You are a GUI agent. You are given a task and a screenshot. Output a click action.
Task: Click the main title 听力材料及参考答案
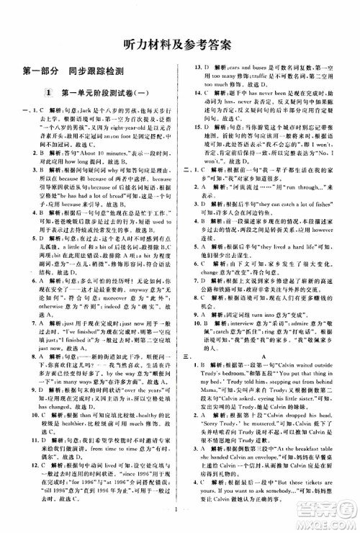coord(181,42)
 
